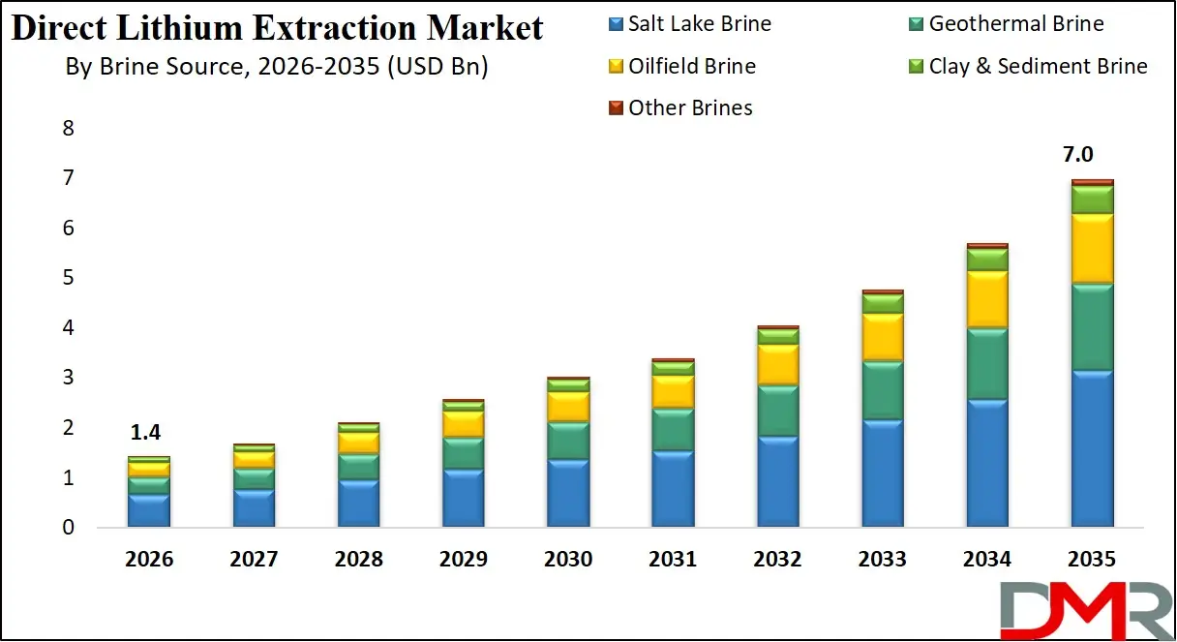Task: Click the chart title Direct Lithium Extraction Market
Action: [277, 28]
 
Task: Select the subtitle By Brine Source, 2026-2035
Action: [276, 68]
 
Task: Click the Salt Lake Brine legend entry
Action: [688, 24]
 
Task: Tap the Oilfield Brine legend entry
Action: [680, 67]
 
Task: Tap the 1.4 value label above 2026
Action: [148, 432]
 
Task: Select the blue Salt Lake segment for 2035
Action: [1092, 448]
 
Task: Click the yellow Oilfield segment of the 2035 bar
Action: [1092, 249]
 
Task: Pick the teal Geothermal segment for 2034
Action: [987, 364]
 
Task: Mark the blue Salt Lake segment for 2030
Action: [568, 493]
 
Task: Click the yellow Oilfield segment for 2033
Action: [882, 337]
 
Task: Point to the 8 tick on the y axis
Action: [68, 129]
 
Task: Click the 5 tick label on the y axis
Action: [68, 279]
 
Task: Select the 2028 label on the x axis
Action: [358, 560]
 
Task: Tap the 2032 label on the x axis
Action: [777, 560]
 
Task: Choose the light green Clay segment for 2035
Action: [1092, 199]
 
